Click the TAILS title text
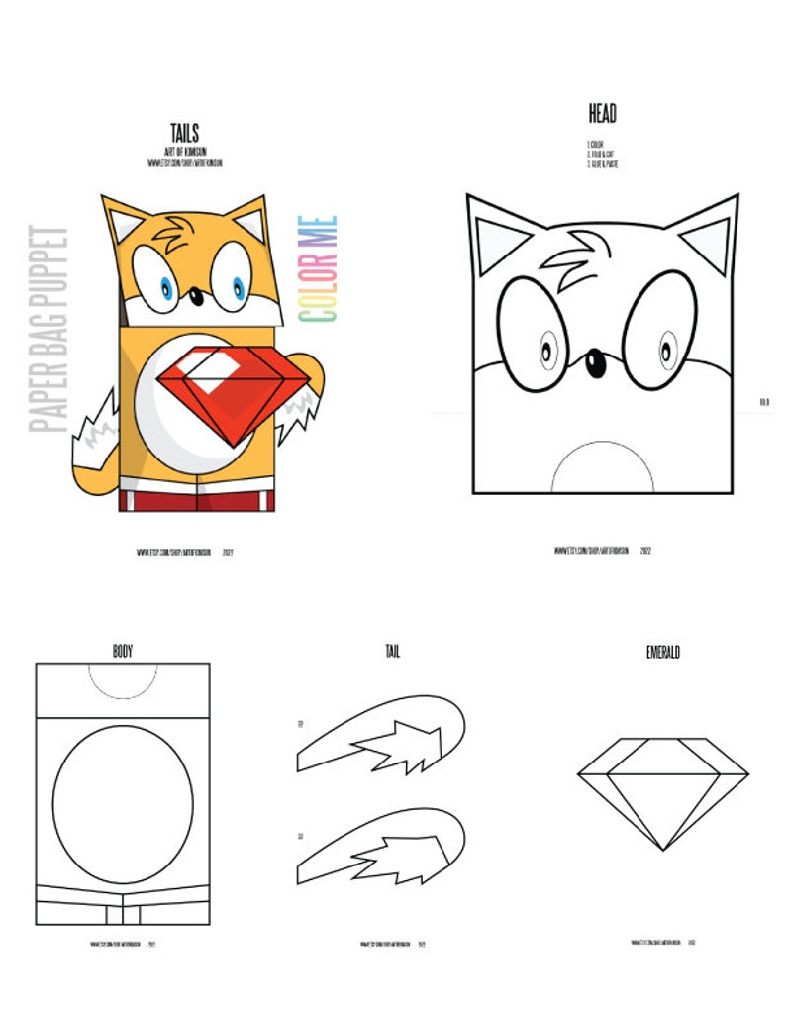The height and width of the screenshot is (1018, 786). (x=184, y=133)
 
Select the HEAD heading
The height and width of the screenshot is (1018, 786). (x=602, y=114)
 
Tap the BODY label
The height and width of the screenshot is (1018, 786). (x=123, y=651)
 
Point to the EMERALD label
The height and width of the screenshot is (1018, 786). (x=662, y=653)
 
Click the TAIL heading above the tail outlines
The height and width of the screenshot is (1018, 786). (x=392, y=651)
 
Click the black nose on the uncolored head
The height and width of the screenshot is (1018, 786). (x=596, y=363)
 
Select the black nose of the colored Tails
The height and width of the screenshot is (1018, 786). (x=196, y=294)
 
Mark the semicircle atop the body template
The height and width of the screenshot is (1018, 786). (x=123, y=678)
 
